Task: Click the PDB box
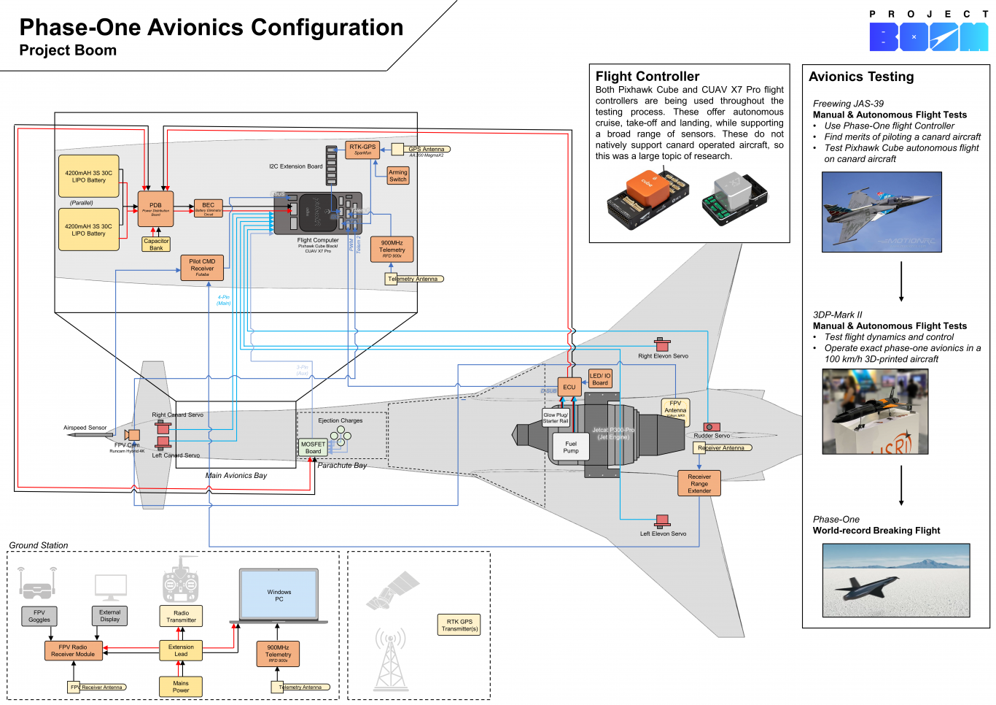(x=155, y=209)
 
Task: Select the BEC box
(x=209, y=209)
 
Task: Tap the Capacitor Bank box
(x=156, y=244)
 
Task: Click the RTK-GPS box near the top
(x=362, y=150)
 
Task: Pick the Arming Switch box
(x=398, y=176)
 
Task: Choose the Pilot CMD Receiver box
(x=202, y=268)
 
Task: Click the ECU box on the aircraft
(x=569, y=387)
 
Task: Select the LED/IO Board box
(x=600, y=379)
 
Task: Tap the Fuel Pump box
(x=571, y=447)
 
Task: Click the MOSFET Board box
(x=313, y=447)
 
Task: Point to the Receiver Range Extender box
(x=699, y=483)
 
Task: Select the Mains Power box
(x=181, y=687)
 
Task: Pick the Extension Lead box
(x=181, y=650)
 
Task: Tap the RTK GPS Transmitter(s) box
(x=459, y=625)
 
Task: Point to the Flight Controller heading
(x=647, y=77)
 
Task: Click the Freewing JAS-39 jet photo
(x=882, y=212)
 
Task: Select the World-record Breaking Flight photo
(x=896, y=580)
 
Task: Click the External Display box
(x=110, y=616)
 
